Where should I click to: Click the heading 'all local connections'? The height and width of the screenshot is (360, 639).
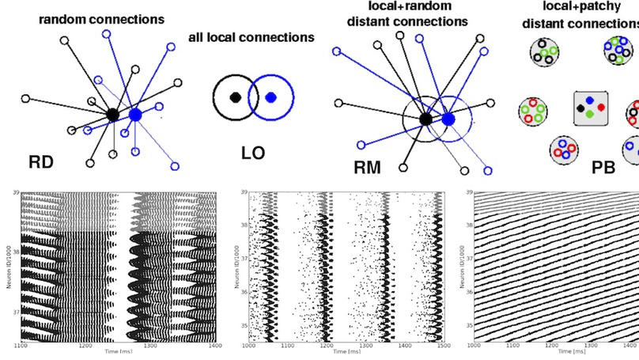251,37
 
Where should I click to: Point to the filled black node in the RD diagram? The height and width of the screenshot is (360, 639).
113,115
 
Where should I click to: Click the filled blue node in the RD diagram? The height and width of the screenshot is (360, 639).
135,115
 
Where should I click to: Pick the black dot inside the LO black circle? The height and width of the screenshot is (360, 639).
235,97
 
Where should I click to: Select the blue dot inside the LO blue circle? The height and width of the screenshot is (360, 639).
270,97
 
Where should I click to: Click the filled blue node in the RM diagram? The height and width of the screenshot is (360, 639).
448,119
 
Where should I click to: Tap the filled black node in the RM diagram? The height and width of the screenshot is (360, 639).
425,119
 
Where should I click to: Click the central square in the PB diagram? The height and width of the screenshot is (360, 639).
591,109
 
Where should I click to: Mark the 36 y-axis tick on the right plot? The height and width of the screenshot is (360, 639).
467,290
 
